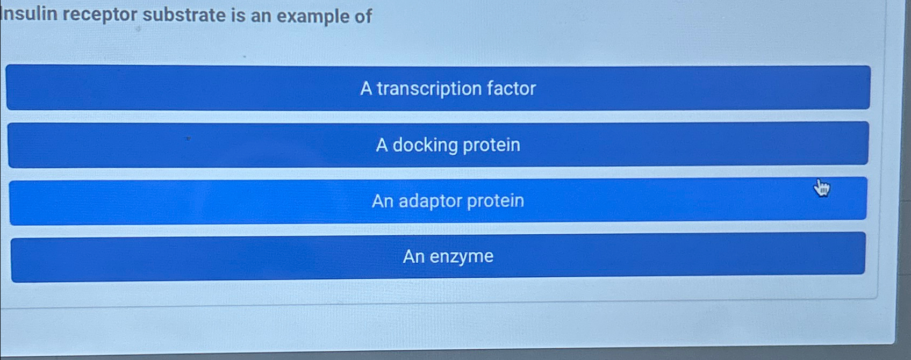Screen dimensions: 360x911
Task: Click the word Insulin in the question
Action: click(x=29, y=14)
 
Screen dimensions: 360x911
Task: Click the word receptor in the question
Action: click(x=100, y=15)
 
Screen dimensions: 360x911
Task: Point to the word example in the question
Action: click(x=313, y=16)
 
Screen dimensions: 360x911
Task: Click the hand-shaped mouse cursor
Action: click(x=821, y=188)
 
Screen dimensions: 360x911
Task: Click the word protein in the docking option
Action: click(x=491, y=145)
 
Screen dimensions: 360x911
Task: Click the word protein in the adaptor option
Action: click(x=495, y=201)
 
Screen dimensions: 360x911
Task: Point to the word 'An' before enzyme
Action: click(x=413, y=256)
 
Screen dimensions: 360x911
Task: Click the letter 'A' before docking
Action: click(x=382, y=145)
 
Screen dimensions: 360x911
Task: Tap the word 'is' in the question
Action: click(x=238, y=16)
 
